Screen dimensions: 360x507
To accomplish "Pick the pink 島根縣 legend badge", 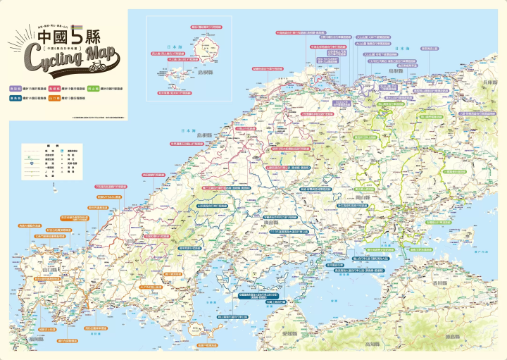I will pyautogui.click(x=54, y=89).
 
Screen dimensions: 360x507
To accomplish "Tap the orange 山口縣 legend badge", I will pyautogui.click(x=54, y=100).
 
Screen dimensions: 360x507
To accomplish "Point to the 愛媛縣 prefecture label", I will pyautogui.click(x=290, y=333).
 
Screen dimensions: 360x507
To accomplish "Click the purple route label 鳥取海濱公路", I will pyautogui.click(x=429, y=49).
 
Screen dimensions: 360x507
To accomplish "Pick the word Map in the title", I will pyautogui.click(x=103, y=53).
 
